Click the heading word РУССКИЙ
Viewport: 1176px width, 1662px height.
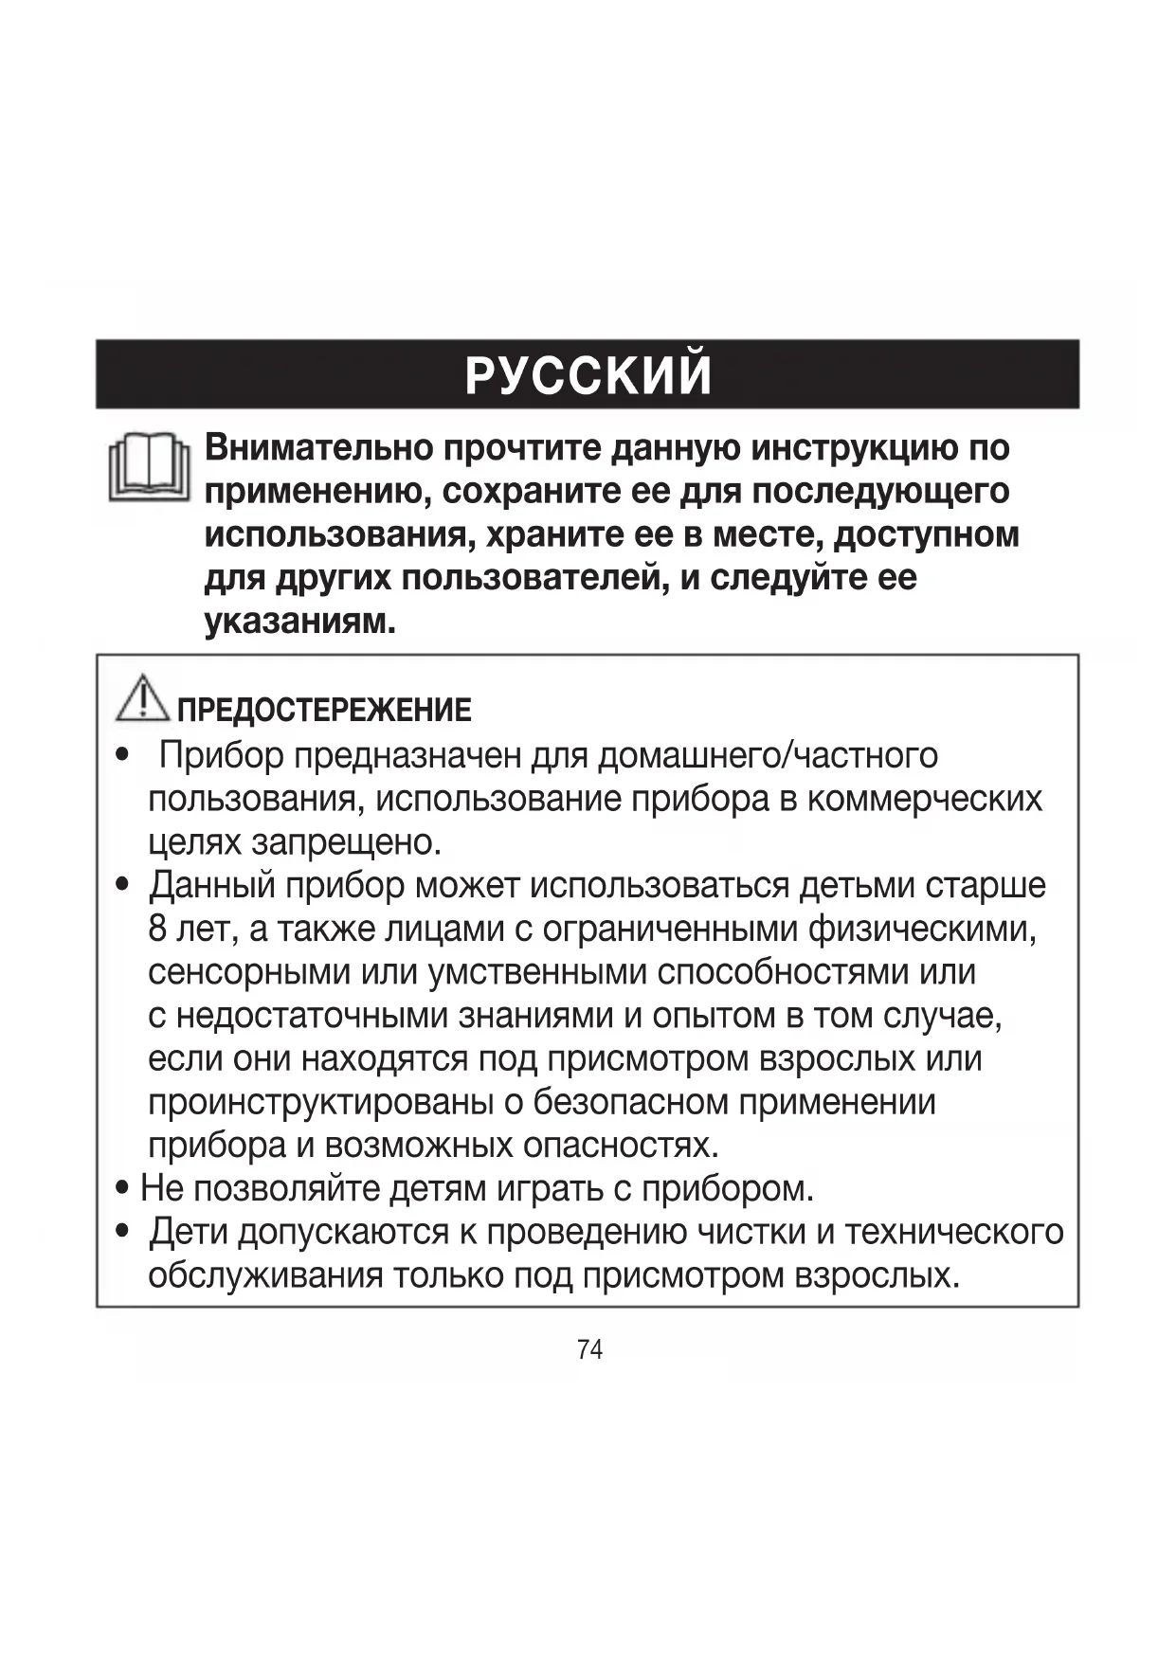[588, 375]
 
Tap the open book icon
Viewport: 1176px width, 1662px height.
[150, 467]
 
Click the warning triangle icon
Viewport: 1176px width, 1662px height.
[142, 697]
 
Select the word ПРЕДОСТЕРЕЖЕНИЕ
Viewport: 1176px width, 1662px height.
[324, 710]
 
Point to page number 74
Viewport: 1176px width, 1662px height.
[589, 1349]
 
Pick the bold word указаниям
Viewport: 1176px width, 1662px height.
[299, 622]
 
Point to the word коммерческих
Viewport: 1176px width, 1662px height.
[924, 799]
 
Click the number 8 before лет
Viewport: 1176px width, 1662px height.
[157, 929]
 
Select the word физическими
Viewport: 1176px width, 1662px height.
[922, 929]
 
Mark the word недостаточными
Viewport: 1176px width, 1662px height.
[312, 1016]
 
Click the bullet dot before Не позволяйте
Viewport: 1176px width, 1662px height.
[122, 1188]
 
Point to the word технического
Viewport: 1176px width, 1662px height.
[953, 1232]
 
